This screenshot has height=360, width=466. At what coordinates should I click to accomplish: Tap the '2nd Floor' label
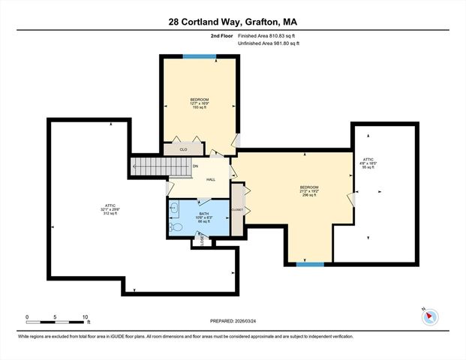click(x=223, y=35)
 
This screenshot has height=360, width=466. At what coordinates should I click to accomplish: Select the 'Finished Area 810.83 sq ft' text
click(x=268, y=35)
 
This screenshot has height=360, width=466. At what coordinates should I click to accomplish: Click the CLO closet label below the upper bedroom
click(x=183, y=149)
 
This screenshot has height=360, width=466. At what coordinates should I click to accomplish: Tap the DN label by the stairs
click(x=195, y=166)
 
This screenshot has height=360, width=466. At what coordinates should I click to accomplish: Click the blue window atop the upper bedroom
click(x=200, y=55)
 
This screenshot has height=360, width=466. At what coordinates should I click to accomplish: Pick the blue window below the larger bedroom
click(x=310, y=264)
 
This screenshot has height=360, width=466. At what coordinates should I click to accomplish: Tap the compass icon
click(x=429, y=316)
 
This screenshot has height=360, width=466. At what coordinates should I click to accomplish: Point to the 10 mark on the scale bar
click(x=86, y=316)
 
